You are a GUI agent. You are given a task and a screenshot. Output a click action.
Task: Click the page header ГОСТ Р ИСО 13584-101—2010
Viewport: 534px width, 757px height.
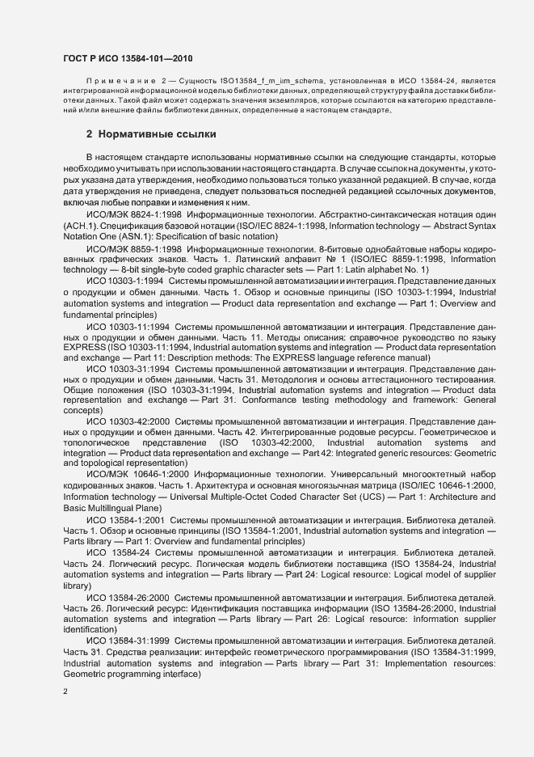(x=127, y=59)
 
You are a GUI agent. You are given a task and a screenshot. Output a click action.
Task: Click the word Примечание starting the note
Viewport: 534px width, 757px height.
(x=117, y=82)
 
